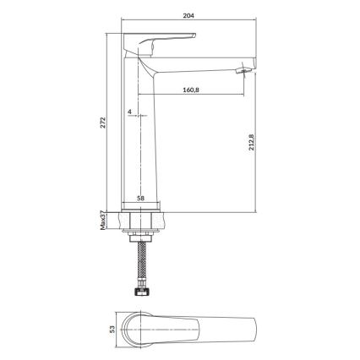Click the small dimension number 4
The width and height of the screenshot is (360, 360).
coord(129,112)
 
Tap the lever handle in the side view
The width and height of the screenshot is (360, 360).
coord(161,38)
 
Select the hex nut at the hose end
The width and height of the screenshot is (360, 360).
coord(139,292)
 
